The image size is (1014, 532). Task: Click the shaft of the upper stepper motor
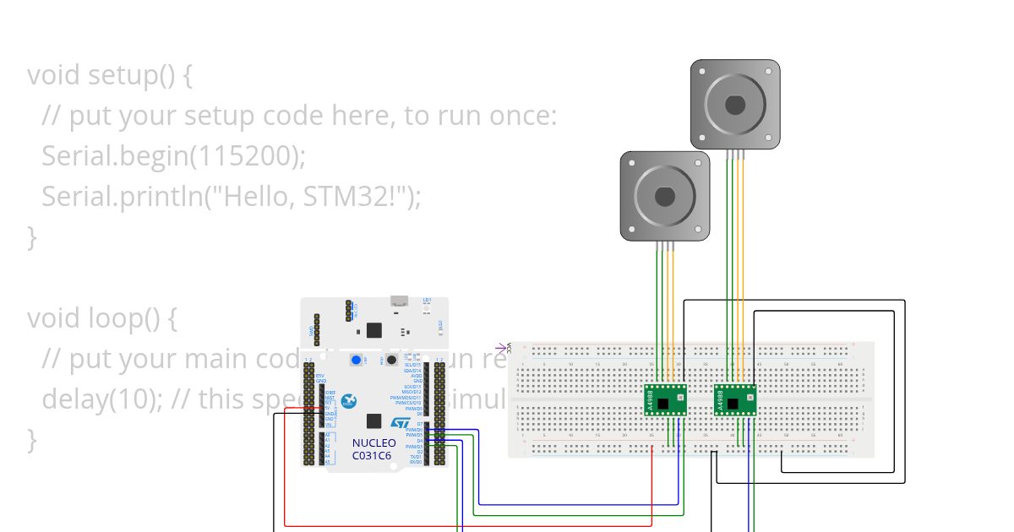735,105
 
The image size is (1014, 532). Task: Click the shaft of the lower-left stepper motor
665,196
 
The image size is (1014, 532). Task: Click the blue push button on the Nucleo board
356,361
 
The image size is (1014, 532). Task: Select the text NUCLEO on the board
373,443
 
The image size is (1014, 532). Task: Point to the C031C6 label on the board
372,456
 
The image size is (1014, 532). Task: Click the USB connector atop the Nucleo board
399,301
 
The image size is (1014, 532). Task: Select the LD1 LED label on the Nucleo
427,301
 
